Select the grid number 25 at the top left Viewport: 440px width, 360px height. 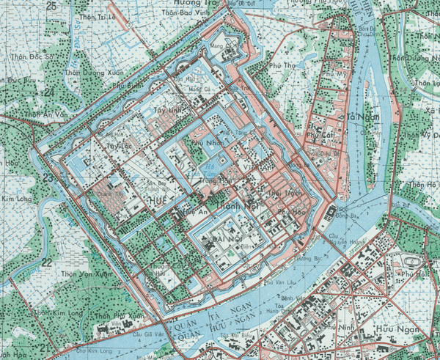click(x=52, y=7)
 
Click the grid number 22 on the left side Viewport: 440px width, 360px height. click(x=45, y=262)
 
